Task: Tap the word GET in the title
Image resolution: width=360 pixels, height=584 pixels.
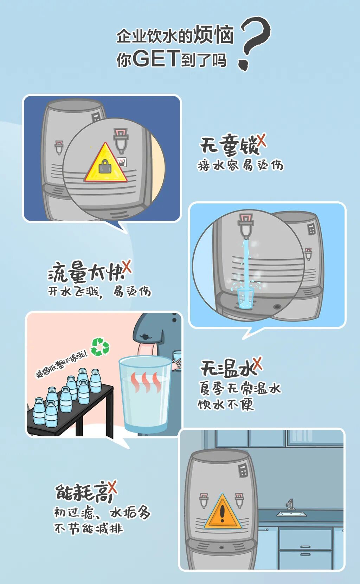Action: (156, 58)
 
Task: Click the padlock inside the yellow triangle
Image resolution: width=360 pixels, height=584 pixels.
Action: (105, 166)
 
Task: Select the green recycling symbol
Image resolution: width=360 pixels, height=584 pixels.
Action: (100, 347)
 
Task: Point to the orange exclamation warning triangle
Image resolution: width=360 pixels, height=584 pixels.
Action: (222, 512)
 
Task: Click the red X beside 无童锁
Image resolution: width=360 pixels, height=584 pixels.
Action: (262, 141)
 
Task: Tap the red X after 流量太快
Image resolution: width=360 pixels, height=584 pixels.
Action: (127, 266)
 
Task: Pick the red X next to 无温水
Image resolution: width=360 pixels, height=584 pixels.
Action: (258, 363)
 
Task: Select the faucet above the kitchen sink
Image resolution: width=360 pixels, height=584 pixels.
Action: (290, 504)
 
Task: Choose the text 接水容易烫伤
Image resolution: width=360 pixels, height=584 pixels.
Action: (240, 165)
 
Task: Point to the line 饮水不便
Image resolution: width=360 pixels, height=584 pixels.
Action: (226, 405)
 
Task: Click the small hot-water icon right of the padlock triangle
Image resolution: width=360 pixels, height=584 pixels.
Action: (122, 162)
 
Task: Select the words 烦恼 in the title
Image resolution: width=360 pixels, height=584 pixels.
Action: (213, 34)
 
